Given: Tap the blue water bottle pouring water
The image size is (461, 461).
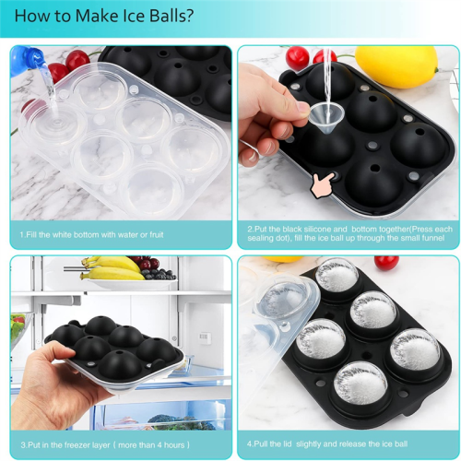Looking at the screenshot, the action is [x=26, y=60].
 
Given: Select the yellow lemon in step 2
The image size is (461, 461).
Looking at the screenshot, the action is [x=396, y=66].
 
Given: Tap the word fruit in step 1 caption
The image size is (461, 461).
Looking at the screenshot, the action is [x=157, y=235].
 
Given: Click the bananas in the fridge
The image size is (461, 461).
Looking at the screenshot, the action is [x=112, y=268].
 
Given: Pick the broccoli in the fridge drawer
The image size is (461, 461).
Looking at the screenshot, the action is [x=182, y=422].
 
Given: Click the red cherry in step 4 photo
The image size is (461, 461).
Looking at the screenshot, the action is [x=386, y=263].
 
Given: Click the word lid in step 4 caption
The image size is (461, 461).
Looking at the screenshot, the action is [x=286, y=443].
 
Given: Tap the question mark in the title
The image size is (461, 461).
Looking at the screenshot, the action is [x=190, y=16].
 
